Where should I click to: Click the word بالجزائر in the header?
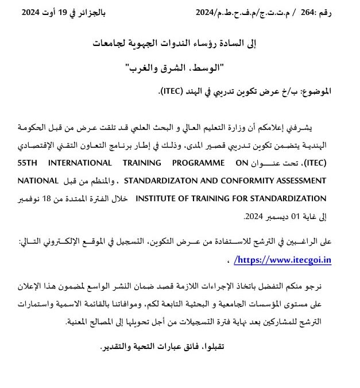(x=91, y=12)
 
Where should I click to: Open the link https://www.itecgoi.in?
(x=285, y=259)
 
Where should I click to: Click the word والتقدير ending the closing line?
(x=118, y=348)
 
